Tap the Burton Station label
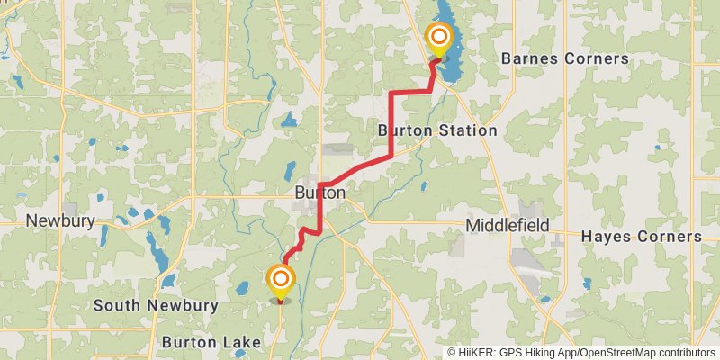coord(437,130)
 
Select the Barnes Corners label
coord(564,58)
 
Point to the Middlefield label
coord(508,225)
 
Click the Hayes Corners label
coord(641,237)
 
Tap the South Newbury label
coord(157,305)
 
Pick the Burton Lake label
coord(211,342)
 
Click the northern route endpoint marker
coord(439,38)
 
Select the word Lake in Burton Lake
coord(243,342)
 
